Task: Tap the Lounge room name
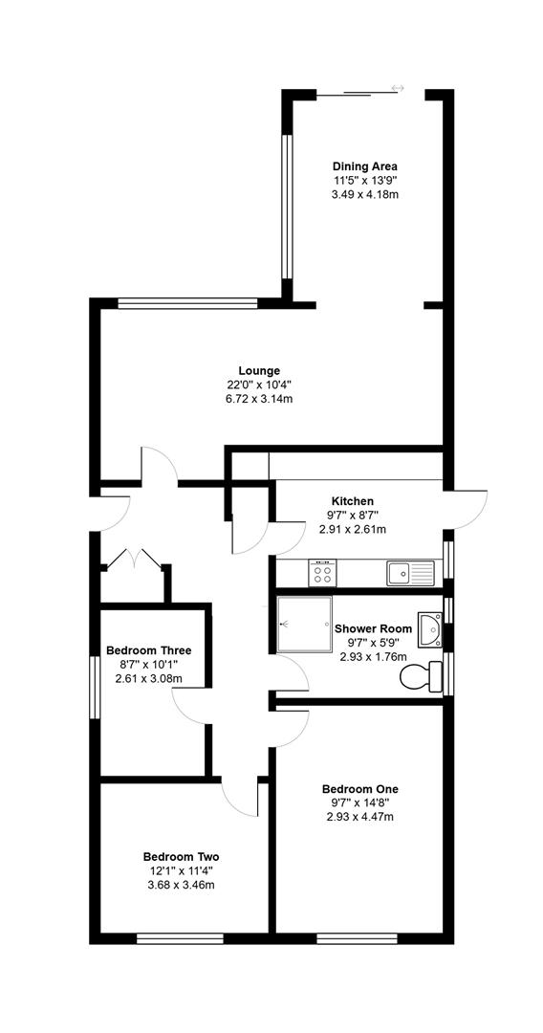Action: click(x=259, y=370)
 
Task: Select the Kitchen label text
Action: click(x=352, y=501)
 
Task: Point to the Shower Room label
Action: click(x=373, y=628)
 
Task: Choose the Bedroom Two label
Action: click(x=181, y=856)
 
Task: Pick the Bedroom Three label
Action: click(x=148, y=650)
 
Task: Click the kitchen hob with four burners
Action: click(x=322, y=574)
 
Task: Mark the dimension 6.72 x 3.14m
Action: click(x=259, y=398)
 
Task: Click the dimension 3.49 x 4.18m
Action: click(x=364, y=193)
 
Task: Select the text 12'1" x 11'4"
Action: click(x=181, y=870)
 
